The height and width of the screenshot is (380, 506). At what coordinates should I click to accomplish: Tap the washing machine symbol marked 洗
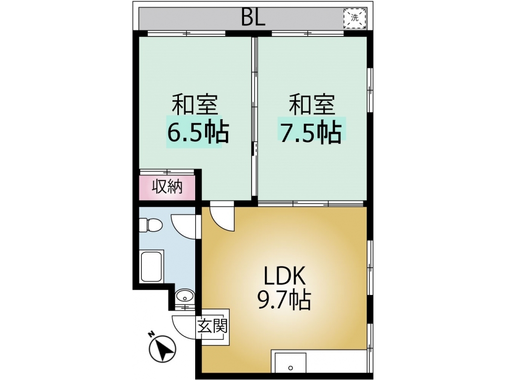click(355, 17)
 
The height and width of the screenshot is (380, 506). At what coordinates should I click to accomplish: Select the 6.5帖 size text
click(198, 132)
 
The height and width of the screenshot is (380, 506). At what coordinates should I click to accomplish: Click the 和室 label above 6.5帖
click(195, 104)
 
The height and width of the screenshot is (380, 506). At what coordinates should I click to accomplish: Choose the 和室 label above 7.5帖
click(312, 104)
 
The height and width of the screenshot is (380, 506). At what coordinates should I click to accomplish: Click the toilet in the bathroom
click(150, 225)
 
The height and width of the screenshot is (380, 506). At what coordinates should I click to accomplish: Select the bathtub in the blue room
click(152, 266)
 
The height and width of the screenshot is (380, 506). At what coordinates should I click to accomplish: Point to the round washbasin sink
click(185, 296)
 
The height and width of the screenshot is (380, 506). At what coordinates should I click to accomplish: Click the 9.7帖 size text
click(284, 299)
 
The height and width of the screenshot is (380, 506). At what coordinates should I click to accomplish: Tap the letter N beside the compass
click(150, 334)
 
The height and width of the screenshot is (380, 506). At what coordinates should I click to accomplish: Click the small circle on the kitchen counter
click(291, 368)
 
